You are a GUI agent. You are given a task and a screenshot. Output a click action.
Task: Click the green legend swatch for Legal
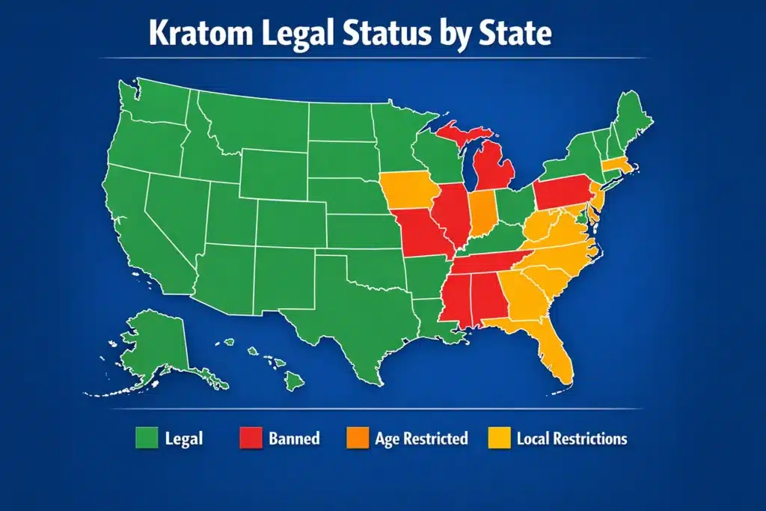click(145, 438)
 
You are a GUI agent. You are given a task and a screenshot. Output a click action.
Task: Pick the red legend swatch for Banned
click(250, 438)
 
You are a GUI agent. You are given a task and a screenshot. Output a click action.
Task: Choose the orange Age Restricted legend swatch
click(357, 438)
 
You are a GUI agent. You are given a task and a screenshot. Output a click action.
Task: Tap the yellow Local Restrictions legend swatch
click(498, 438)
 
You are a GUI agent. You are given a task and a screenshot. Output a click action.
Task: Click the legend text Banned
click(294, 438)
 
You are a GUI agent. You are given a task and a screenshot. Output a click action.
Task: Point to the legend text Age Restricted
click(422, 438)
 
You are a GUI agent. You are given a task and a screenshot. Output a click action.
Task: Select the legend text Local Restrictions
click(572, 438)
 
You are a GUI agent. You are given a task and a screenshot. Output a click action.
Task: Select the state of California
click(135, 224)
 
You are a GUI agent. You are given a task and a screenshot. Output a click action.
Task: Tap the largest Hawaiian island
click(295, 381)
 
